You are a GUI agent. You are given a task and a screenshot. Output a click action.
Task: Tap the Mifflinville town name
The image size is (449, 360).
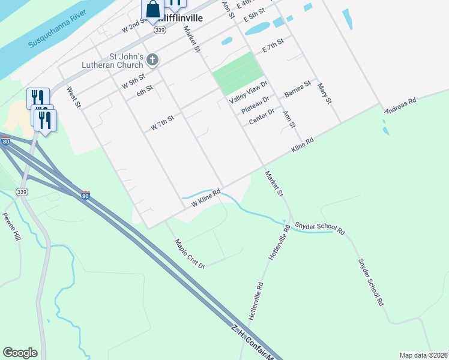pos(180,18)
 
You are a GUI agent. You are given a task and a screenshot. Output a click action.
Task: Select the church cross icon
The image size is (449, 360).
pos(153,60)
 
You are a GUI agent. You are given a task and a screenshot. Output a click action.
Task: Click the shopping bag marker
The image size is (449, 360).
pos(152,10)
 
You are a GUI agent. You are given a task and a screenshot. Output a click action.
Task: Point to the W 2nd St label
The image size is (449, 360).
pos(134,25)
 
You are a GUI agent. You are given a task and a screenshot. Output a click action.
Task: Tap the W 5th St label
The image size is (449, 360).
pos(133,79)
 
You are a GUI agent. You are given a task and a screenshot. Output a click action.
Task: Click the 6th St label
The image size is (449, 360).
pos(145,91)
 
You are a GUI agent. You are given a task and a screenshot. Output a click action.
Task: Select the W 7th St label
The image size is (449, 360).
pos(162,122)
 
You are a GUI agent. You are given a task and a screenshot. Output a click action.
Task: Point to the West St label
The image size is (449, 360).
pos(73,97)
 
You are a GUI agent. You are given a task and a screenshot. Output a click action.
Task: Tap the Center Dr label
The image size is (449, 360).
pos(261,117)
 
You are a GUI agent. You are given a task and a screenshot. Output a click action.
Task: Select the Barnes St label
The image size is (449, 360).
pos(298,89)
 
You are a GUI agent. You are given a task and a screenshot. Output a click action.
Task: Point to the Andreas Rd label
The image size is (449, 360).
pos(400,105)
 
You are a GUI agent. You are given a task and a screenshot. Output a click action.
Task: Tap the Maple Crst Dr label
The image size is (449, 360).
pos(190,254)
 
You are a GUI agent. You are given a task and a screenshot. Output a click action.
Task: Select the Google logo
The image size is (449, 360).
pos(20,353)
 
